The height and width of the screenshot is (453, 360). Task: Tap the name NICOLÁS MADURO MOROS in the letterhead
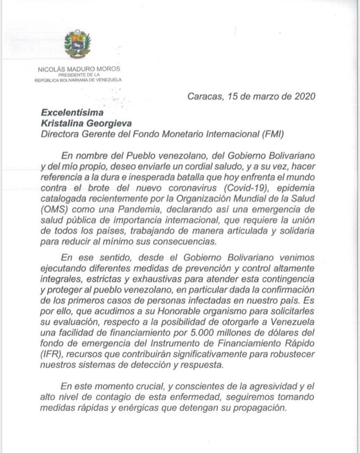tap(79, 69)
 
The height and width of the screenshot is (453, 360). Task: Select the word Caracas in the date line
tap(204, 96)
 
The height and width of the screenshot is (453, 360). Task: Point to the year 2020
tap(301, 96)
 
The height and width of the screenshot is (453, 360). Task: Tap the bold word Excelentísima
tap(72, 113)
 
